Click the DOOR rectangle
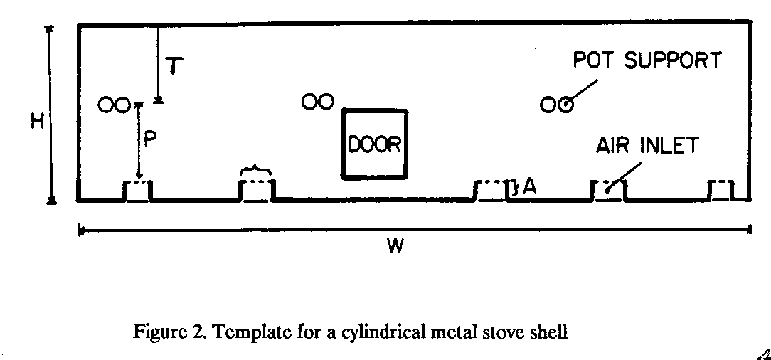[375, 144]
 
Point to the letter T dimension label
[174, 67]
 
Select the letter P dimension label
[150, 139]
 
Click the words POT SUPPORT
[647, 60]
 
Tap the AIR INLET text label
[647, 146]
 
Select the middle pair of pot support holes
[317, 102]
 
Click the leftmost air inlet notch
[138, 191]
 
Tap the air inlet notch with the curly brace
[256, 191]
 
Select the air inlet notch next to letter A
[491, 191]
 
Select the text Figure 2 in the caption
[160, 332]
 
